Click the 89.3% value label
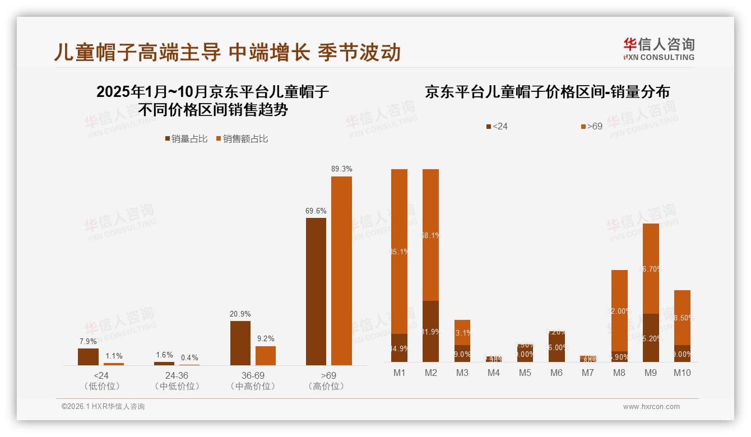pyautogui.click(x=341, y=169)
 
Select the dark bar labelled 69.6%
pyautogui.click(x=316, y=291)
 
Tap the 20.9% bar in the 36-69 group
pyautogui.click(x=240, y=343)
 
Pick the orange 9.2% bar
pyautogui.click(x=266, y=355)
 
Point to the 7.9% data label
pyautogui.click(x=88, y=341)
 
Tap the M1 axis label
pyautogui.click(x=399, y=373)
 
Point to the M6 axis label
pyautogui.click(x=556, y=373)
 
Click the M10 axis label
pyautogui.click(x=682, y=373)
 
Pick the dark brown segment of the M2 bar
pyautogui.click(x=430, y=331)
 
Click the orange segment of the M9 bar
pyautogui.click(x=651, y=268)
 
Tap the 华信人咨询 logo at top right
pyautogui.click(x=659, y=49)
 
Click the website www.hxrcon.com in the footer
pyautogui.click(x=651, y=407)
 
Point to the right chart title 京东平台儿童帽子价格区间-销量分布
pyautogui.click(x=547, y=92)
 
